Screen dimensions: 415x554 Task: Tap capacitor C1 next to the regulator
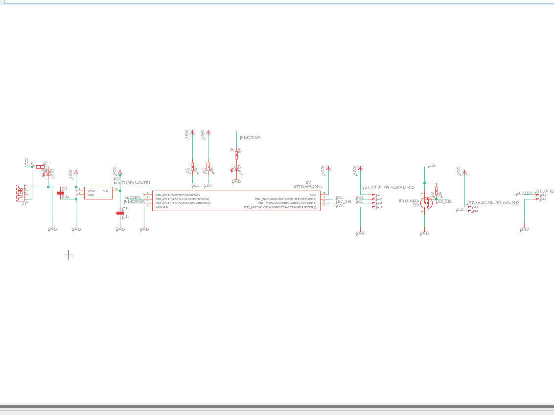(61, 193)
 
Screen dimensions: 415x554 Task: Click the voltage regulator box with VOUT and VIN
(98, 193)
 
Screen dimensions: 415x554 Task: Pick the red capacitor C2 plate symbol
(120, 213)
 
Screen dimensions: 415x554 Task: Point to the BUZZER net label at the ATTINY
(133, 197)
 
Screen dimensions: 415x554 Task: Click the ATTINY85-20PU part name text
(308, 187)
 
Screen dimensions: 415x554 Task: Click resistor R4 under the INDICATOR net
(236, 154)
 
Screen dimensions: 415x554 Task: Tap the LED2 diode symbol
(236, 169)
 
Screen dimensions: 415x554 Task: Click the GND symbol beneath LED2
(236, 181)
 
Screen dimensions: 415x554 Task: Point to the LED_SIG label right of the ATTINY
(344, 201)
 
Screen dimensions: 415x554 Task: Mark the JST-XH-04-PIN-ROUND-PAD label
(389, 187)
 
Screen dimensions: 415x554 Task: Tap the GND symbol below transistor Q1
(424, 233)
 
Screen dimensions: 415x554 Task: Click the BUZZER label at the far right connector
(524, 193)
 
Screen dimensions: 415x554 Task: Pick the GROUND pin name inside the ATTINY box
(162, 207)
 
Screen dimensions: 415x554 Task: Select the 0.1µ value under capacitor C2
(125, 217)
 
